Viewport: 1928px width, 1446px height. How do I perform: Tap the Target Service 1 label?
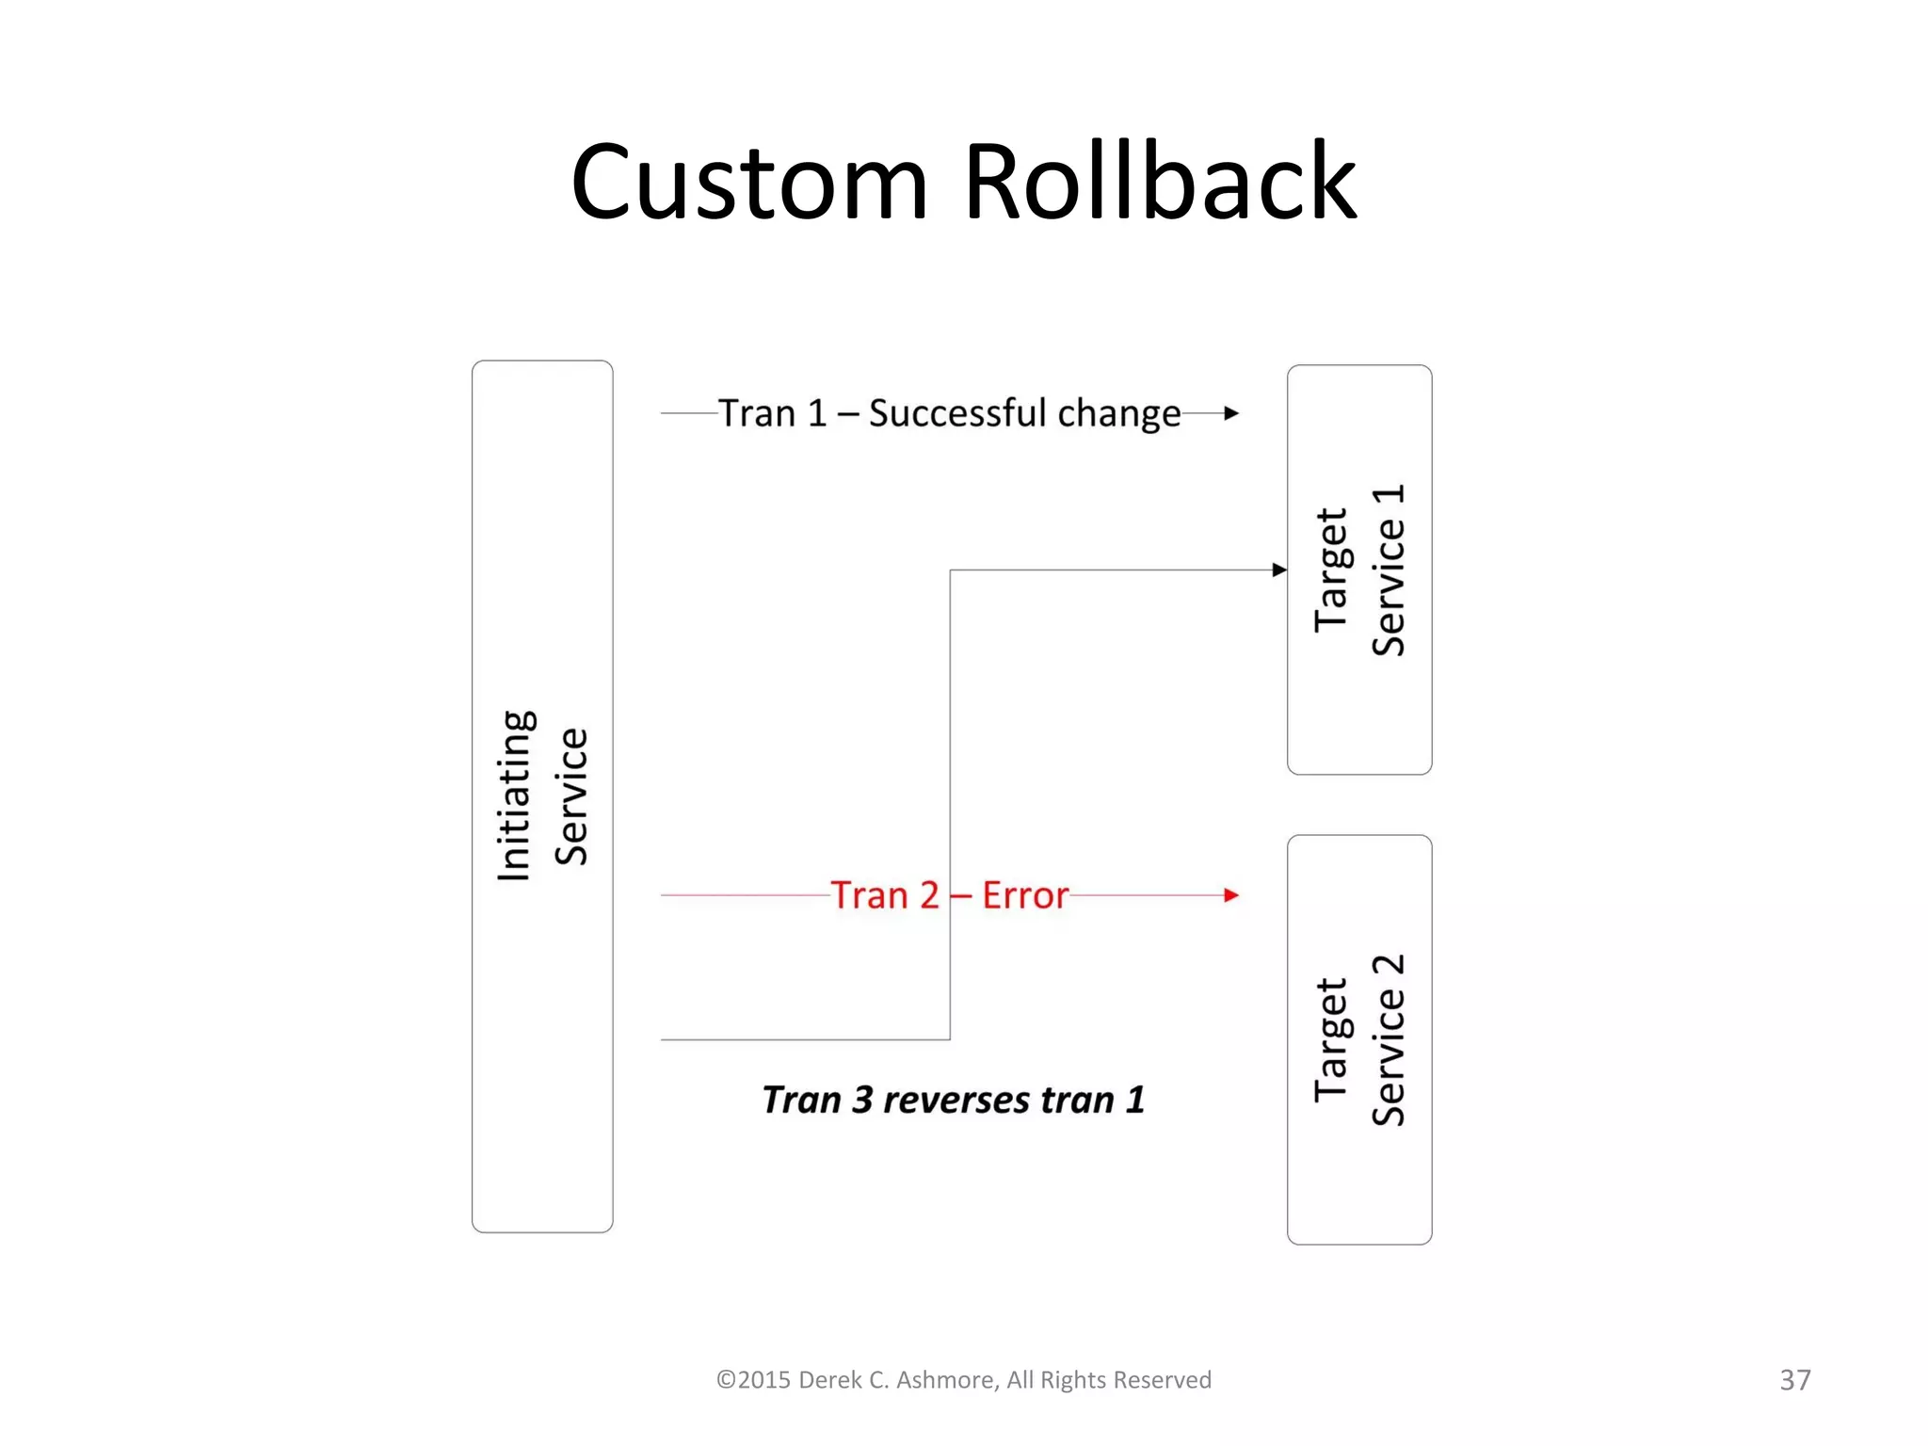pos(1359,570)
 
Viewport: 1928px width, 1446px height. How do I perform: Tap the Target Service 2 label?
pos(1359,1039)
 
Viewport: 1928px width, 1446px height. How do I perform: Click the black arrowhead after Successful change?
pos(1231,413)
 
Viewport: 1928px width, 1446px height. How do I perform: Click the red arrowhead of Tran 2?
pos(1231,895)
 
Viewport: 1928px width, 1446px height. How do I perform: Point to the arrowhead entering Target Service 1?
pos(1279,570)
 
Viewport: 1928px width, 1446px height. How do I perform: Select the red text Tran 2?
pos(885,895)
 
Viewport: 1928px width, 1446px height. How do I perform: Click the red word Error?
pos(1025,895)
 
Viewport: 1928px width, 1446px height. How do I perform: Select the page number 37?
pos(1794,1380)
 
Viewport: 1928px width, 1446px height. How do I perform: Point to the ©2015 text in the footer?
pos(753,1380)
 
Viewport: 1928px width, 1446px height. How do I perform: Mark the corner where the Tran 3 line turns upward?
pos(950,1039)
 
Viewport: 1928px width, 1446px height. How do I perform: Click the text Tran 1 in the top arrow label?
pos(772,413)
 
